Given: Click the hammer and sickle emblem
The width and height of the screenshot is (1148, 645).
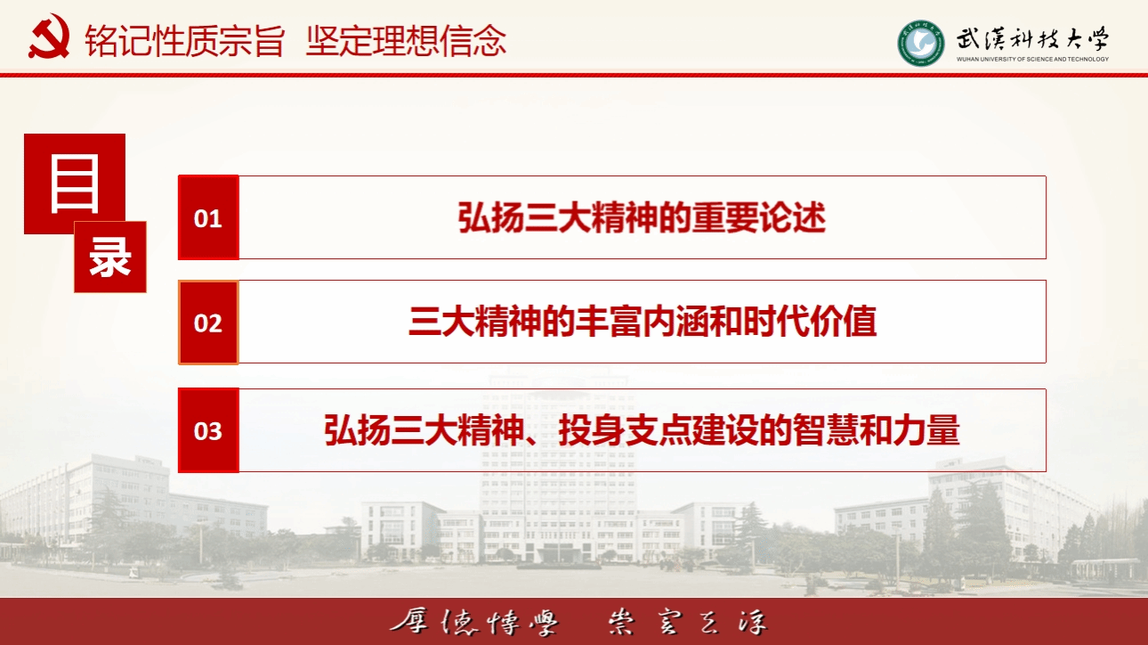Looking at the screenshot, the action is tap(49, 37).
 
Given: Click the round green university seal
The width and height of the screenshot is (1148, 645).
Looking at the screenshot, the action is tap(920, 43).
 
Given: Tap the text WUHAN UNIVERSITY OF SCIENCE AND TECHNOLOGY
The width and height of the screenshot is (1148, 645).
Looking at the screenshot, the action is tap(1032, 59).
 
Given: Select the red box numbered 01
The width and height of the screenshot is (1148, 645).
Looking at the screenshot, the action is tap(208, 217).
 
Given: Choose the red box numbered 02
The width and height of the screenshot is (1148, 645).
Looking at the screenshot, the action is tap(208, 322).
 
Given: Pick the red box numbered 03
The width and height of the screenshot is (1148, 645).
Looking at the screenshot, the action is tap(208, 430).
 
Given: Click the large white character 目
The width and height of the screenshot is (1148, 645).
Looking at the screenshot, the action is tap(75, 184).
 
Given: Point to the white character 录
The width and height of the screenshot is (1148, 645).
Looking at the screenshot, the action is tap(110, 257).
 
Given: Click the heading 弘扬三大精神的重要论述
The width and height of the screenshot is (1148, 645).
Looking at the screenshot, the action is tap(642, 217).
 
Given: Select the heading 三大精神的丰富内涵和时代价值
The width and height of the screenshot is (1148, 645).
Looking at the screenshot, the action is tap(643, 322).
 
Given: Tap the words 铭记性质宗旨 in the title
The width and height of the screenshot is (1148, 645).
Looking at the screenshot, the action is tap(184, 40).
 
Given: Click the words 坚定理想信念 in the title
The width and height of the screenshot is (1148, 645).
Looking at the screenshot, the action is tap(406, 40).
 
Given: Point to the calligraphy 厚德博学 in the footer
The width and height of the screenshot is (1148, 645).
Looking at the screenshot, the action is tap(474, 622).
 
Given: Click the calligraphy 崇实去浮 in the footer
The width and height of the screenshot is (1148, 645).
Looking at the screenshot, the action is tap(688, 622).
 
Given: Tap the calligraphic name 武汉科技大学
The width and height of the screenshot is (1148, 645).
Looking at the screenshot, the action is tap(1032, 39).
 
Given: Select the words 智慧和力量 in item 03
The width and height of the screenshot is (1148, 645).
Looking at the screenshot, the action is tap(876, 430).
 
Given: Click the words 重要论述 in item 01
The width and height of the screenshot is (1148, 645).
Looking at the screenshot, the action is tap(759, 217).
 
